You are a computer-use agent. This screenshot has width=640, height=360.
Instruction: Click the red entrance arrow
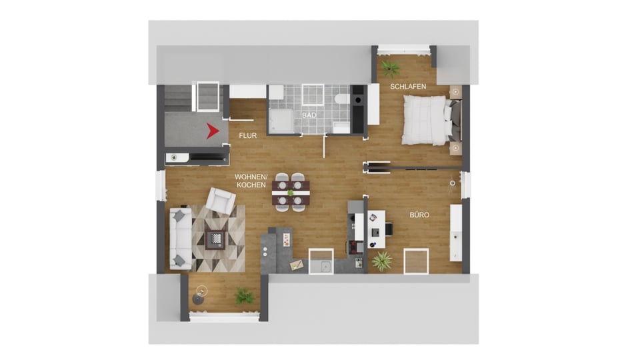coord(213,131)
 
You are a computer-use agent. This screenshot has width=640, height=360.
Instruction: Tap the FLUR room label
coord(248,135)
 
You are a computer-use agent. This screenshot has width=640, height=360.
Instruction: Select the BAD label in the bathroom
coord(309,115)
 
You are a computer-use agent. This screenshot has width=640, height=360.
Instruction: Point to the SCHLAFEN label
coord(408,87)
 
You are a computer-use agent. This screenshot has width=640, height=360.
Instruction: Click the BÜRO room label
coord(419,215)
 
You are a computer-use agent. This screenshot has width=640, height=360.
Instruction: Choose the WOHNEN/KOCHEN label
coord(251,181)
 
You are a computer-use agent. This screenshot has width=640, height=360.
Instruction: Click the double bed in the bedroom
coord(431,120)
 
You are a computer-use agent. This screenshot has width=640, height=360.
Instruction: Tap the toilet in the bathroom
coord(341,99)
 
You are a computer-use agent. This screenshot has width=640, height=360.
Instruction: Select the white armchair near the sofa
coord(221,200)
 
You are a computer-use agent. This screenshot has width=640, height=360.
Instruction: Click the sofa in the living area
coord(181,239)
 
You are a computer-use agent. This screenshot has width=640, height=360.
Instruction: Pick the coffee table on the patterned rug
coord(215,239)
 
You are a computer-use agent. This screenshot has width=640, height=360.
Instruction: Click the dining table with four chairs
coord(291,192)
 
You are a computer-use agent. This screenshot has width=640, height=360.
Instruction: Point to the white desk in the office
coord(376,229)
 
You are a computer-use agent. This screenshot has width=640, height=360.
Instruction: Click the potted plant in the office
coord(382,261)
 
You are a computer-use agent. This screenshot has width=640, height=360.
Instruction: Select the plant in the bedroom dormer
coord(391,68)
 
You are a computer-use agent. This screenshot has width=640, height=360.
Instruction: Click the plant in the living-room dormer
coord(244,295)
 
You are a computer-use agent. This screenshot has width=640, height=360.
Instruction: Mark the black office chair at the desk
coord(389,229)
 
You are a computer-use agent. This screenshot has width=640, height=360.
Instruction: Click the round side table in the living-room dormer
coord(199,299)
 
